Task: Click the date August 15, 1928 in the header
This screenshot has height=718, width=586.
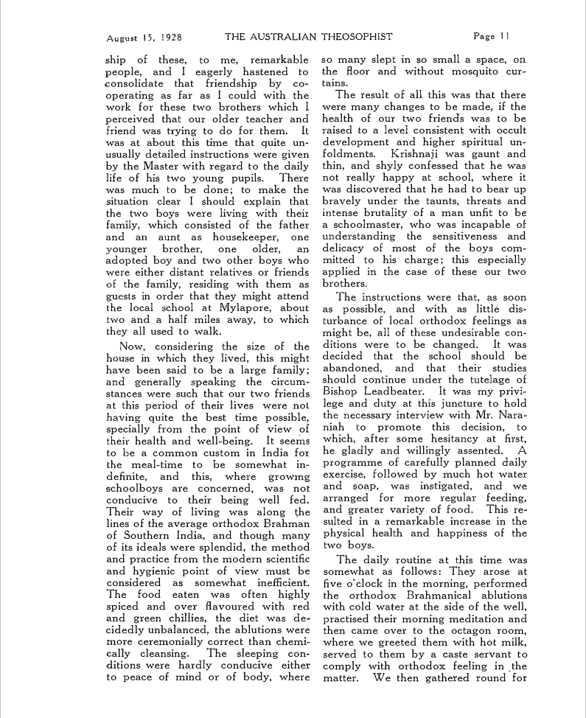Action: pyautogui.click(x=144, y=36)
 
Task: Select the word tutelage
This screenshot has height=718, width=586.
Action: pyautogui.click(x=501, y=379)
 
